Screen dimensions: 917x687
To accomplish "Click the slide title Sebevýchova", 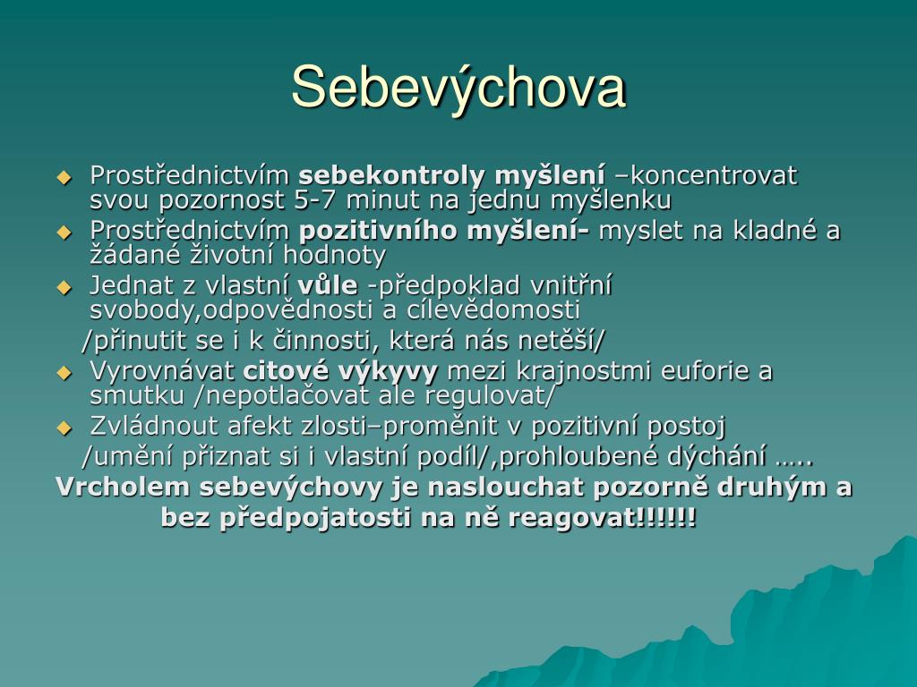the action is (x=458, y=88).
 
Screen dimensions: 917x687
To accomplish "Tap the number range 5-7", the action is (x=315, y=199).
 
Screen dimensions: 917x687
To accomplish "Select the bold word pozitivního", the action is (x=378, y=231).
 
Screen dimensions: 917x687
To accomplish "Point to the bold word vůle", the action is (x=328, y=285).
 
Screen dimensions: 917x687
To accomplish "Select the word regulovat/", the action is (x=489, y=395).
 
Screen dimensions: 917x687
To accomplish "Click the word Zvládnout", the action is (x=154, y=426).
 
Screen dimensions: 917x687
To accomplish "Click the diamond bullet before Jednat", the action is (x=64, y=287).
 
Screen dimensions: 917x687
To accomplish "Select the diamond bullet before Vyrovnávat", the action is (x=64, y=373).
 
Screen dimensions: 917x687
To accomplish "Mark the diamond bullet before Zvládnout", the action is (x=64, y=428).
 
